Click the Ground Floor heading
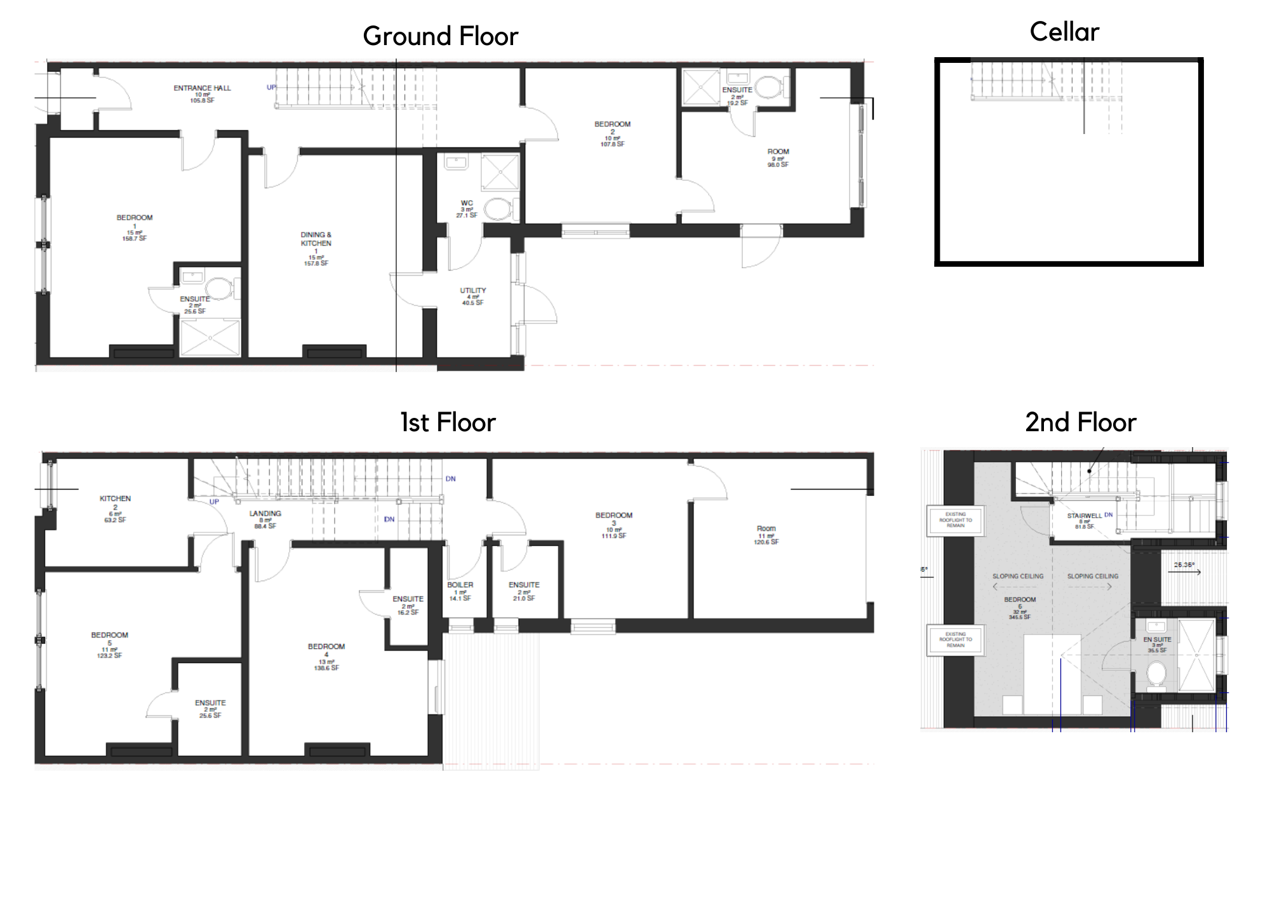click(x=440, y=36)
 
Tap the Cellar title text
click(x=1064, y=32)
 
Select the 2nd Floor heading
click(x=1080, y=422)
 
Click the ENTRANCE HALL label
click(x=202, y=88)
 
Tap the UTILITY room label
click(x=472, y=291)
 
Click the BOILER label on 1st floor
click(x=460, y=585)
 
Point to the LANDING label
click(x=265, y=514)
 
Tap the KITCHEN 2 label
click(x=115, y=502)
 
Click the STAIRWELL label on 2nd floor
click(x=1084, y=516)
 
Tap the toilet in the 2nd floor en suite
click(x=1156, y=674)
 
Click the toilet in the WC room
click(x=498, y=209)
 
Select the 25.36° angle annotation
click(x=1184, y=565)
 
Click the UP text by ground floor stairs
click(x=271, y=88)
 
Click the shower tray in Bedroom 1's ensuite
click(x=210, y=338)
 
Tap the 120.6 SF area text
click(x=766, y=542)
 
